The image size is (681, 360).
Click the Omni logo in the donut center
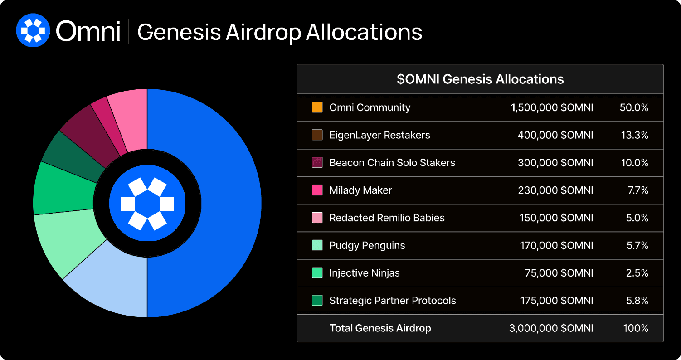point(147,203)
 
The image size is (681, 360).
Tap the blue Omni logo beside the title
point(33,30)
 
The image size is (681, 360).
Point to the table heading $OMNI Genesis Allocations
point(480,79)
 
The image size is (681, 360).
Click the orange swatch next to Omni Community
point(317,107)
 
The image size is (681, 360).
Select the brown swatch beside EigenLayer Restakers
point(317,135)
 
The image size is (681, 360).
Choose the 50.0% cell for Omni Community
point(634,107)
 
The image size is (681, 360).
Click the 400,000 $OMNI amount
point(555,135)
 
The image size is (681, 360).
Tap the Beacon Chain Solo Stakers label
point(392,163)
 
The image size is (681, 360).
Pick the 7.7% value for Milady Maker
point(638,190)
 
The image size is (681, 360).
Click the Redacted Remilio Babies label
point(387,218)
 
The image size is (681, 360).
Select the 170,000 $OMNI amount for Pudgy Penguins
point(557,245)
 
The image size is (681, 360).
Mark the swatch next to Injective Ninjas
point(317,273)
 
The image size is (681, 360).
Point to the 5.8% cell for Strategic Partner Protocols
point(637,301)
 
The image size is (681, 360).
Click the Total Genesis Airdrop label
point(380,328)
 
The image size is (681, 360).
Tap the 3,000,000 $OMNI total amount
point(551,328)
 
